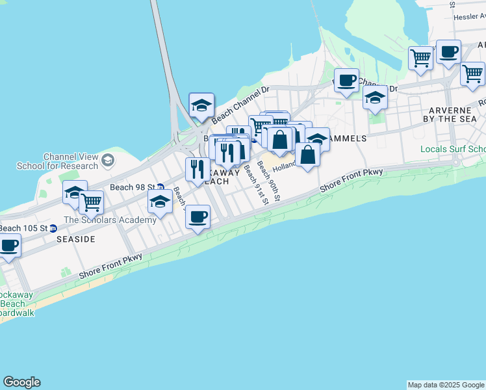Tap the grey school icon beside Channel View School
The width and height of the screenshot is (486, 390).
coord(107,159)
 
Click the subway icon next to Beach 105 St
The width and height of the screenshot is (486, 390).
coord(54,228)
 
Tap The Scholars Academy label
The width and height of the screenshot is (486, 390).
coord(110,220)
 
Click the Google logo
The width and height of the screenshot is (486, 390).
coord(21,382)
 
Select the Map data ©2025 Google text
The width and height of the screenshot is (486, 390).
coord(446,385)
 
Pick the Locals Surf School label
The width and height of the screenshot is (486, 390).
coord(453,149)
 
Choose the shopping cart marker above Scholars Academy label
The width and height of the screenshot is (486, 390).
coord(91,201)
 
